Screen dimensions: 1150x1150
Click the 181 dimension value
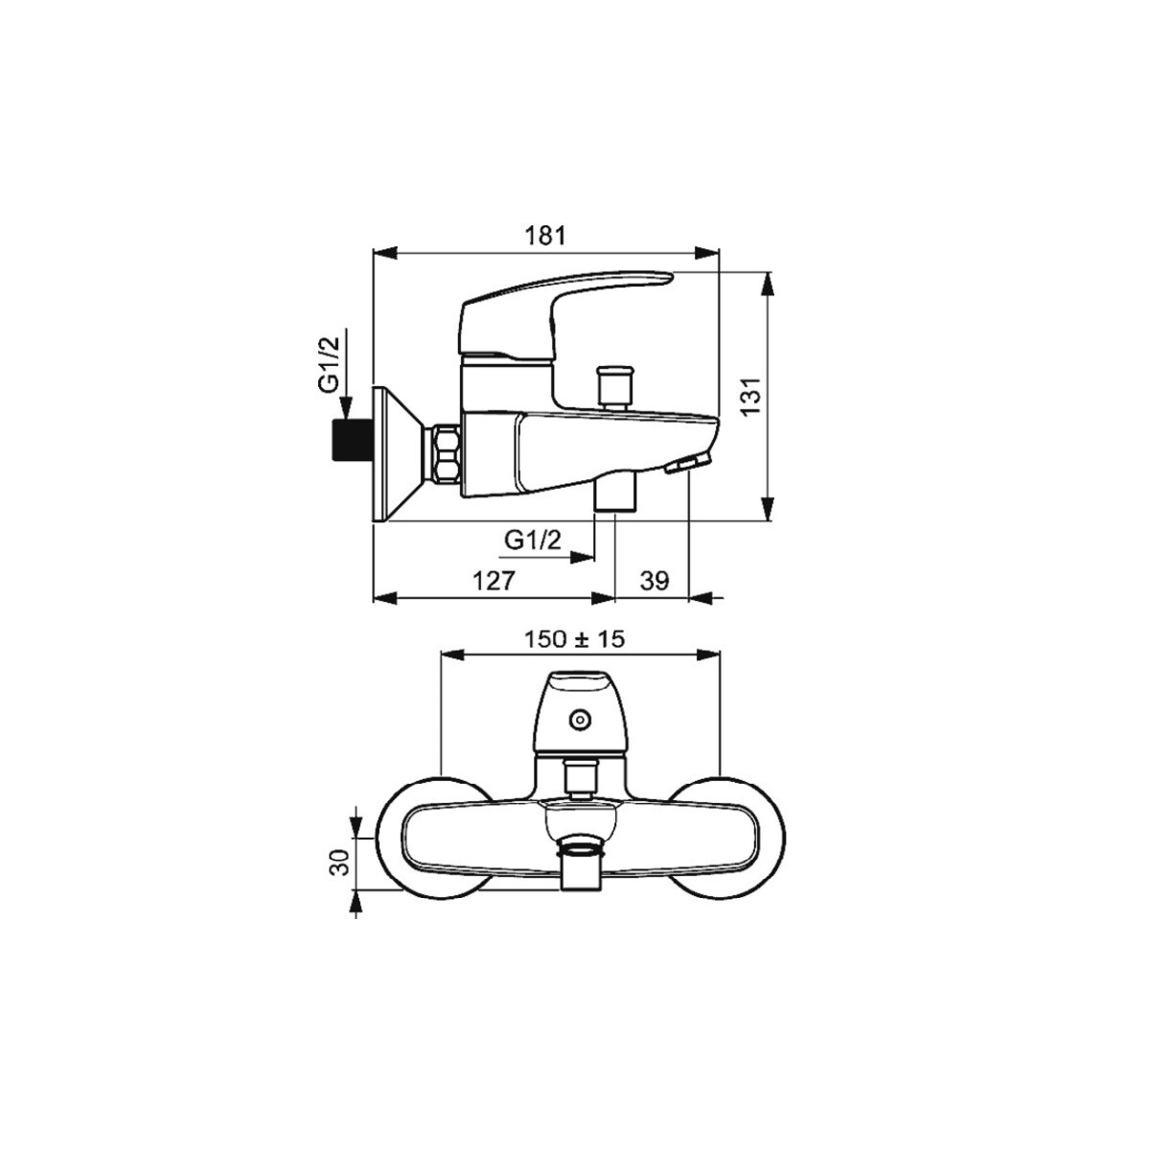(544, 236)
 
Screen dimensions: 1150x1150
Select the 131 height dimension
(753, 396)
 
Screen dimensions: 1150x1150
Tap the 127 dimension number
(494, 580)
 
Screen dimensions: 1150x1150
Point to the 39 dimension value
(655, 580)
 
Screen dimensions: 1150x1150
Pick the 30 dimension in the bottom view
(339, 862)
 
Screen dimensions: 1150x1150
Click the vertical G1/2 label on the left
(330, 365)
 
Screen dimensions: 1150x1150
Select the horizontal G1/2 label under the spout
(533, 540)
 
